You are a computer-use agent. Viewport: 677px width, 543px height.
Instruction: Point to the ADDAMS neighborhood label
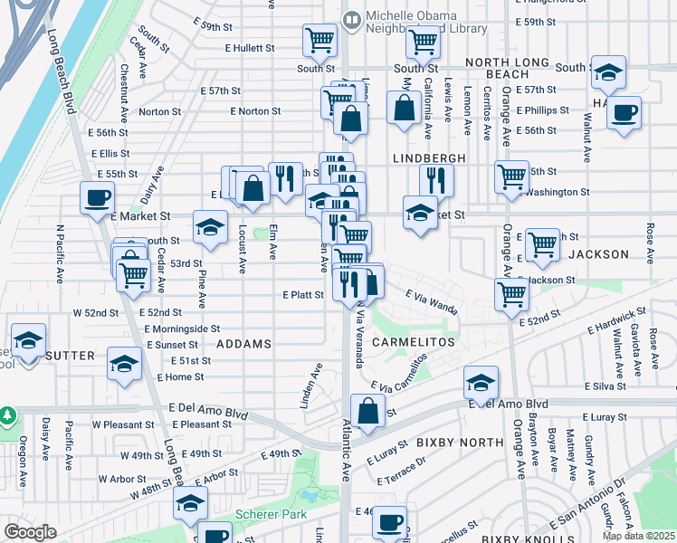[244, 345]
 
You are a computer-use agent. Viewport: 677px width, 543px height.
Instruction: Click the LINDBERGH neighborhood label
[429, 157]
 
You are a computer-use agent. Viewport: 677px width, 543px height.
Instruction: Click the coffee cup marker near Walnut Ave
[623, 113]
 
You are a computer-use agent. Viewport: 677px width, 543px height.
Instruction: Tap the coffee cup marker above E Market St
[97, 196]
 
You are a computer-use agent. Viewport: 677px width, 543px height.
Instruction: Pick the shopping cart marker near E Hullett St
[319, 39]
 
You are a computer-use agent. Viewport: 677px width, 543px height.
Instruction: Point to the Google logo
[30, 531]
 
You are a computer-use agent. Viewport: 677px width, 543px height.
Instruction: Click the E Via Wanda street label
[432, 300]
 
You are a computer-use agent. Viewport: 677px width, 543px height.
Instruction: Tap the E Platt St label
[303, 295]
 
